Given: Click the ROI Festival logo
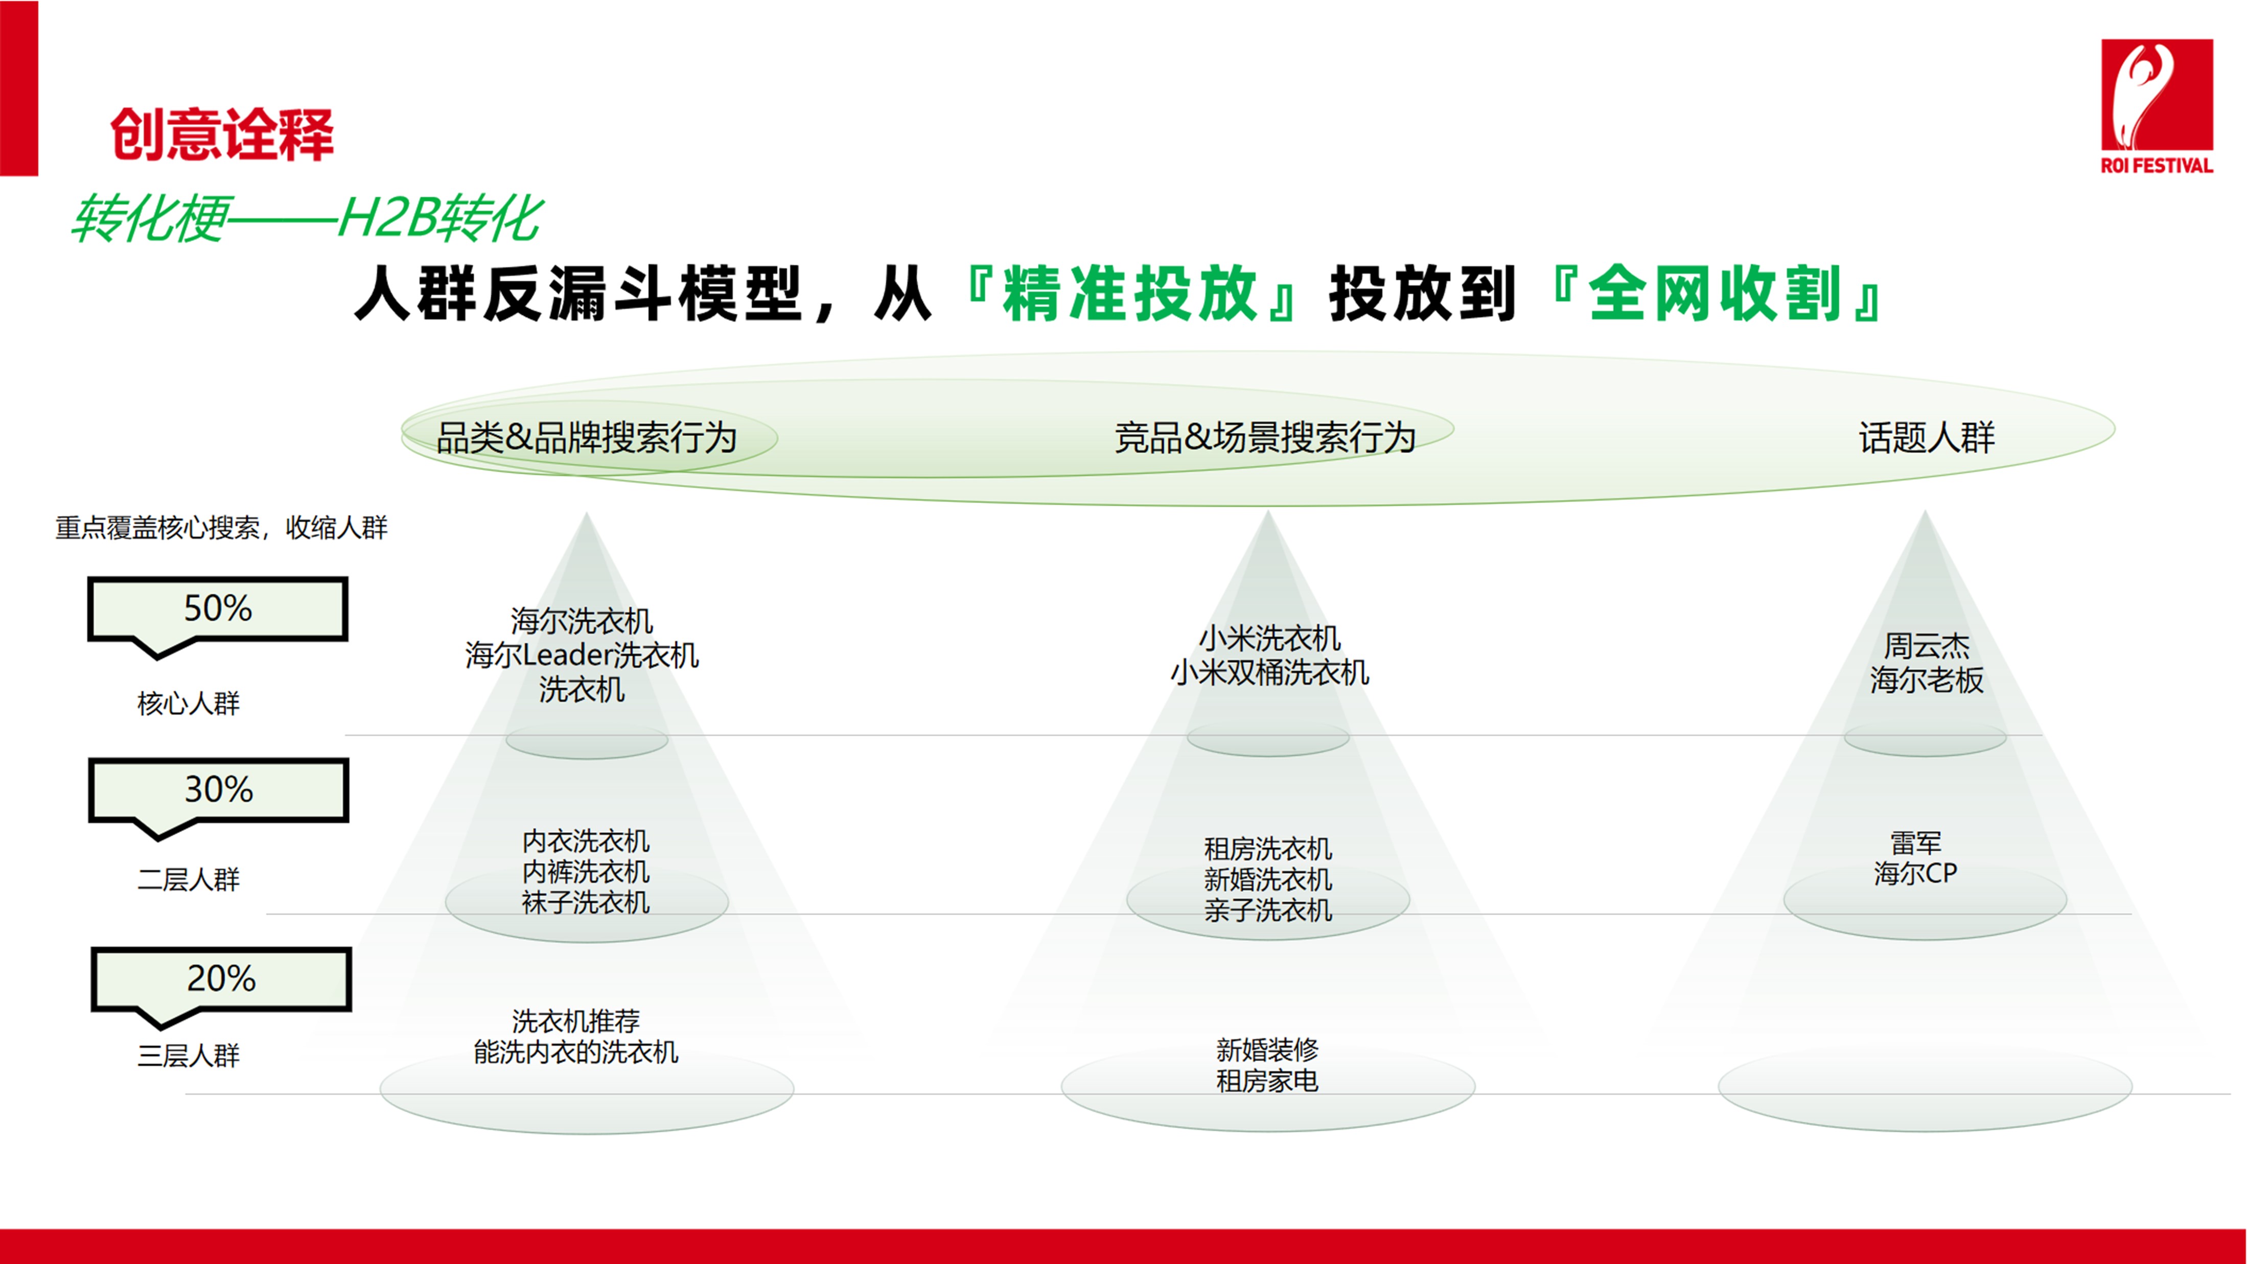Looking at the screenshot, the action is (2156, 106).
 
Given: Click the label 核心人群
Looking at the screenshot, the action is (189, 703).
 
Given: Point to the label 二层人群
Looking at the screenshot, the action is (189, 879).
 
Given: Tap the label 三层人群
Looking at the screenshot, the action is (189, 1056).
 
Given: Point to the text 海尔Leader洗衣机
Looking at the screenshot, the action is (582, 655).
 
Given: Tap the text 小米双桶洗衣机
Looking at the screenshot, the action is (1269, 672).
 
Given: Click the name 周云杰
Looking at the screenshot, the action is (1927, 645).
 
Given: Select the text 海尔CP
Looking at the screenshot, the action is (1915, 873).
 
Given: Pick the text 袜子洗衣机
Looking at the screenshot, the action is (586, 903).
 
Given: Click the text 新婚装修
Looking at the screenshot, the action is (1267, 1049).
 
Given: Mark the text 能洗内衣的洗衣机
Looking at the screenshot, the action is (576, 1052).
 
